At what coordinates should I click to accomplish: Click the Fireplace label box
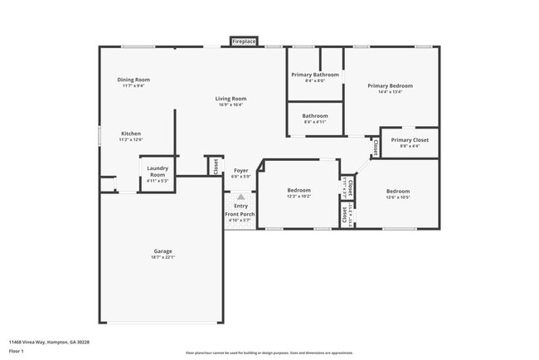[x=244, y=41]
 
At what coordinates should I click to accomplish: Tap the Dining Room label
[x=133, y=80]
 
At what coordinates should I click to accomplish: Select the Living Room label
[x=231, y=99]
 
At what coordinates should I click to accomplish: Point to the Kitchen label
[x=131, y=134]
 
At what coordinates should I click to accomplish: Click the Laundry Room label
[x=157, y=169]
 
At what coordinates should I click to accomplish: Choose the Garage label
[x=163, y=251]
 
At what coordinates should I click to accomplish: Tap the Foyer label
[x=240, y=170]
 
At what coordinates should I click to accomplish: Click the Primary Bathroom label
[x=314, y=75]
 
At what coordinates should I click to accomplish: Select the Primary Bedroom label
[x=390, y=85]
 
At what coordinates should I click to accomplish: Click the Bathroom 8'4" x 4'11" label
[x=314, y=116]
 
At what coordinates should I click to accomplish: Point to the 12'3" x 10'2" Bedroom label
[x=299, y=190]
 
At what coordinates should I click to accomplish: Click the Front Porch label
[x=240, y=215]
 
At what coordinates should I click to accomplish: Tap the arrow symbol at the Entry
[x=240, y=197]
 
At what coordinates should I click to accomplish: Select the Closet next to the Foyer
[x=215, y=167]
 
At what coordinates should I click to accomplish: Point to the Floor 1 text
[x=16, y=351]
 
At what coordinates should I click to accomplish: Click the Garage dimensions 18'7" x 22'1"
[x=163, y=257]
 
